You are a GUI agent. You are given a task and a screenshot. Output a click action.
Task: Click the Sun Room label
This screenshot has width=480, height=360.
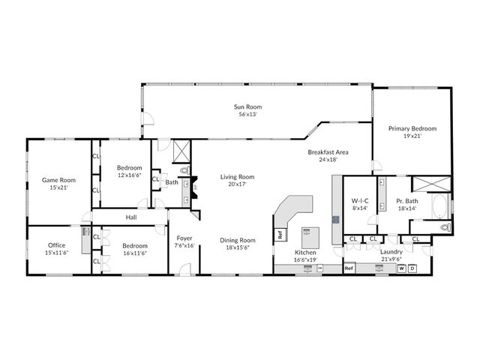[247, 106]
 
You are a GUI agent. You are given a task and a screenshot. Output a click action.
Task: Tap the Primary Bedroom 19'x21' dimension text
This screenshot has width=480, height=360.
[412, 136]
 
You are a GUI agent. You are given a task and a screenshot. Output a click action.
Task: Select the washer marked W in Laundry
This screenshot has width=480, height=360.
[402, 268]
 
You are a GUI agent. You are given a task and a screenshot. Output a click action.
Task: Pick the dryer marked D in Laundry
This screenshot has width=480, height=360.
[412, 268]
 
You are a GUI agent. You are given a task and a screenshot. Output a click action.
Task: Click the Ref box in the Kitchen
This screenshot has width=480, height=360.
[280, 235]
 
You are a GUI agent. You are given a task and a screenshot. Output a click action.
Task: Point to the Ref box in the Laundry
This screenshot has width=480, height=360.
[349, 268]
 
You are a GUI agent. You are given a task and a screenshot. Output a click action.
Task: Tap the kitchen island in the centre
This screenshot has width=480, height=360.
[310, 238]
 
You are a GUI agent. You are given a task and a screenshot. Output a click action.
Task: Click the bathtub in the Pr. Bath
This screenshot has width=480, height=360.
[439, 206]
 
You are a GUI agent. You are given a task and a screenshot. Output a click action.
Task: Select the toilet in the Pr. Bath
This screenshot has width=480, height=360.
[445, 227]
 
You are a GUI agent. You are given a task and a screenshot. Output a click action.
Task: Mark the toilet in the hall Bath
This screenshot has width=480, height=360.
[184, 170]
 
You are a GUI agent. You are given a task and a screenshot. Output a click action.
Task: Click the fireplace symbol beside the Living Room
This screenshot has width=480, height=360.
[194, 187]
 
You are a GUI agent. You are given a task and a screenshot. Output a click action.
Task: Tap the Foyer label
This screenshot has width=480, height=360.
[184, 238]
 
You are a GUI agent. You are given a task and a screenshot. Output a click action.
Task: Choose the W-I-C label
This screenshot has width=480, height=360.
[360, 201]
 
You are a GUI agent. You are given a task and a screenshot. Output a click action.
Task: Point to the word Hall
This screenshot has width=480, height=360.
[131, 217]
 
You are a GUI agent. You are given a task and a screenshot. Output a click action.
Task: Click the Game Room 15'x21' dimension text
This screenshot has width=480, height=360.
[58, 187]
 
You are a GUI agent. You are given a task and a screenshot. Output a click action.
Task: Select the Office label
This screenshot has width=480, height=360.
[57, 245]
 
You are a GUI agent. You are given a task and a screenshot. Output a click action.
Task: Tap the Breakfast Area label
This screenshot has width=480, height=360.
[328, 152]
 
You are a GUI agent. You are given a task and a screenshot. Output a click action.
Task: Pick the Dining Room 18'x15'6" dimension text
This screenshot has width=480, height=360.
[238, 247]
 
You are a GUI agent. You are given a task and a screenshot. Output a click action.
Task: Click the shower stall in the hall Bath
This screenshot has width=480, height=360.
[181, 151]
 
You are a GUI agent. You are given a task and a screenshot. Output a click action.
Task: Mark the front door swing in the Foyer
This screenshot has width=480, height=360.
[185, 269]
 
